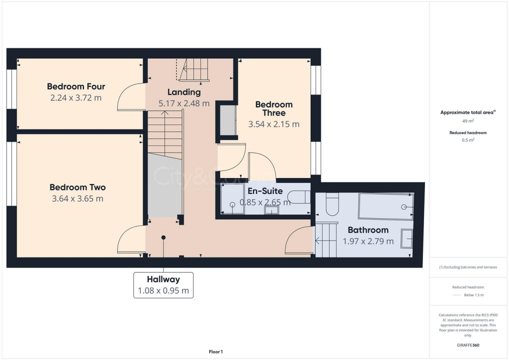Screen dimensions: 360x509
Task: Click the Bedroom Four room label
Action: (76, 87)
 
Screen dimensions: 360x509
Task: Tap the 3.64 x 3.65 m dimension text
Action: (77, 199)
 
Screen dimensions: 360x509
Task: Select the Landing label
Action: (184, 92)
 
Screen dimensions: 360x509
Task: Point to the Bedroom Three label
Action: (274, 108)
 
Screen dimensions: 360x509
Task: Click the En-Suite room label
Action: (265, 191)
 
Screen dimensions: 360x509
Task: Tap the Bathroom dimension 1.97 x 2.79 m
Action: (368, 241)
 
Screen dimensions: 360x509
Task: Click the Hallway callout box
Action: (163, 285)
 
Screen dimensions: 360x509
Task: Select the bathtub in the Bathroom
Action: (386, 206)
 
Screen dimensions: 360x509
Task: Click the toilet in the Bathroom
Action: (332, 204)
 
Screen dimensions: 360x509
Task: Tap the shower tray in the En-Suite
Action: (233, 199)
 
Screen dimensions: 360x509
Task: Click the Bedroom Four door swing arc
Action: (130, 97)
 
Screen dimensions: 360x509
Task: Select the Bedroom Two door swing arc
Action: (130, 240)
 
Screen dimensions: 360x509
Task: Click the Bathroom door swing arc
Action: (298, 240)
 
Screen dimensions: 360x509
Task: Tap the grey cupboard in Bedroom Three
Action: (228, 120)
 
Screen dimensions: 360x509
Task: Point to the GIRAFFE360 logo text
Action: (469, 345)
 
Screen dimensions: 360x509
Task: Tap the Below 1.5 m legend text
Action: (474, 295)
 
